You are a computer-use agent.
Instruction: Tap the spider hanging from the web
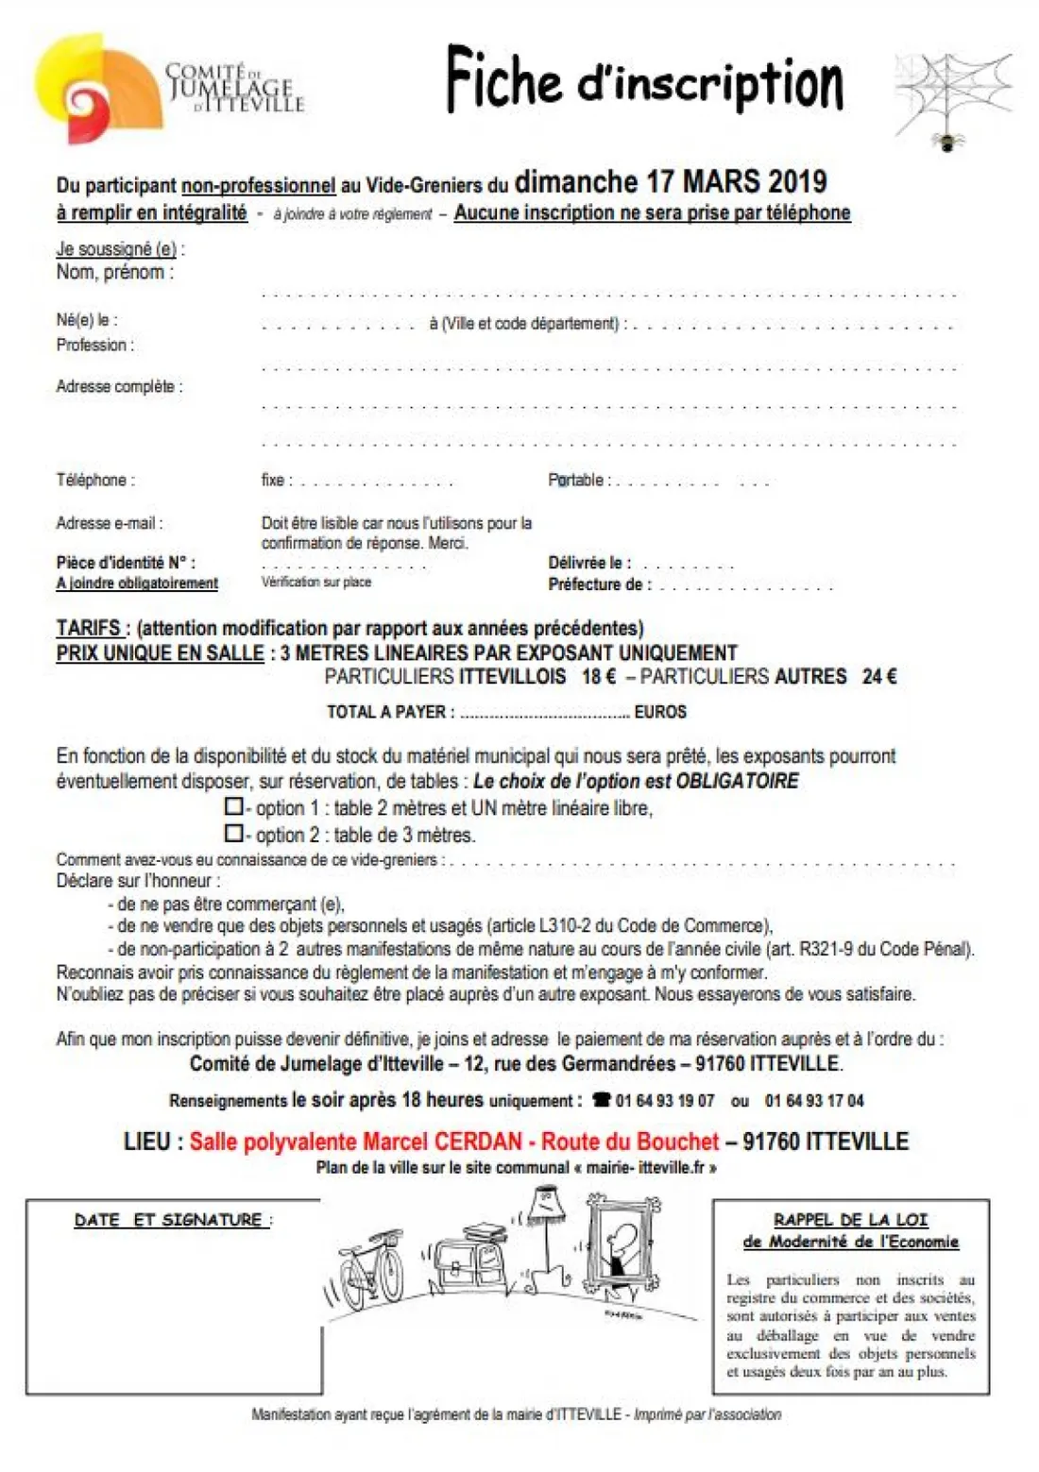click(x=946, y=143)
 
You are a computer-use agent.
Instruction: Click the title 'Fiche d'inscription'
click(x=645, y=81)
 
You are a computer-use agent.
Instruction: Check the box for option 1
click(x=233, y=807)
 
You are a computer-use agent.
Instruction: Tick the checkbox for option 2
click(x=233, y=834)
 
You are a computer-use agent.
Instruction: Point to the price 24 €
click(x=879, y=677)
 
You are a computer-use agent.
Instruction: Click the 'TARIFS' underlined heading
click(x=89, y=628)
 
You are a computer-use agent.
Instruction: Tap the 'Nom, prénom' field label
click(x=115, y=273)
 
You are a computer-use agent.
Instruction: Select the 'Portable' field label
click(x=576, y=480)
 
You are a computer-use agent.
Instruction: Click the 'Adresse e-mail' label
click(x=110, y=522)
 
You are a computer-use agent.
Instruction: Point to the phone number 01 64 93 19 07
click(x=664, y=1101)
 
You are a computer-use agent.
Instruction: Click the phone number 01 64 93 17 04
click(x=814, y=1101)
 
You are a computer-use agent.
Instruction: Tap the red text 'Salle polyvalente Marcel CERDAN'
click(x=355, y=1142)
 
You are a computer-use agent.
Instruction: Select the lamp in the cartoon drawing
click(x=546, y=1227)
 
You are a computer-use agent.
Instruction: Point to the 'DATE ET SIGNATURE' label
click(x=172, y=1220)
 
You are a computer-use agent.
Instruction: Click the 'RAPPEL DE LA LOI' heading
click(x=850, y=1220)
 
